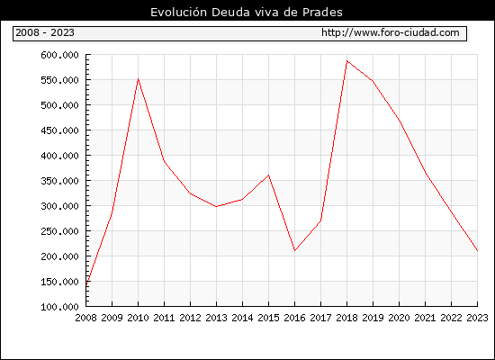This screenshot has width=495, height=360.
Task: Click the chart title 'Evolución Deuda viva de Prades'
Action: pos(247,13)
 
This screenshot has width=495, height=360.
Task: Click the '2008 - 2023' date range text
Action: pos(45,32)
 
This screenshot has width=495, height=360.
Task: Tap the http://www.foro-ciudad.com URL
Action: pos(391,32)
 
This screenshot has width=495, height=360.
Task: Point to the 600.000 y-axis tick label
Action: pos(59,55)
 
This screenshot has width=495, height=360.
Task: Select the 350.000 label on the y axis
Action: pos(59,181)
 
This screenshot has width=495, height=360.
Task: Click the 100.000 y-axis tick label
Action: pos(59,307)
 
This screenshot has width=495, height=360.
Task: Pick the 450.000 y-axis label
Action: pos(59,130)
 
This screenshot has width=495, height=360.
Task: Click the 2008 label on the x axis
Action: pos(85,318)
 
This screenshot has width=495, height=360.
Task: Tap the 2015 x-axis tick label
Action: pos(269,318)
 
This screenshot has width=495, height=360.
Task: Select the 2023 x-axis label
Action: pos(477,318)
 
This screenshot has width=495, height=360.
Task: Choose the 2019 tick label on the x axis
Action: pos(373,318)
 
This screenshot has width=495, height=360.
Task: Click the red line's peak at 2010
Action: pos(138,78)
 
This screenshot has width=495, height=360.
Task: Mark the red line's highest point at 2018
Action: pos(346,60)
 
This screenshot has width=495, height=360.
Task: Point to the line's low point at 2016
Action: pos(295,251)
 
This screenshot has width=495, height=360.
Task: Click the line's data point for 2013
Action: pos(216,206)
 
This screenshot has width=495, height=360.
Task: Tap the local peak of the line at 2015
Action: pos(269,175)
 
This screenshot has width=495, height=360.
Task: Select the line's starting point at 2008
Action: pos(86,285)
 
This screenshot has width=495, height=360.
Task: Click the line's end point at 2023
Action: pos(477,251)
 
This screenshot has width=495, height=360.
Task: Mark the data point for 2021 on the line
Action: pos(425,173)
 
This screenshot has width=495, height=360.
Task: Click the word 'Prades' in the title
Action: pos(322,13)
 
